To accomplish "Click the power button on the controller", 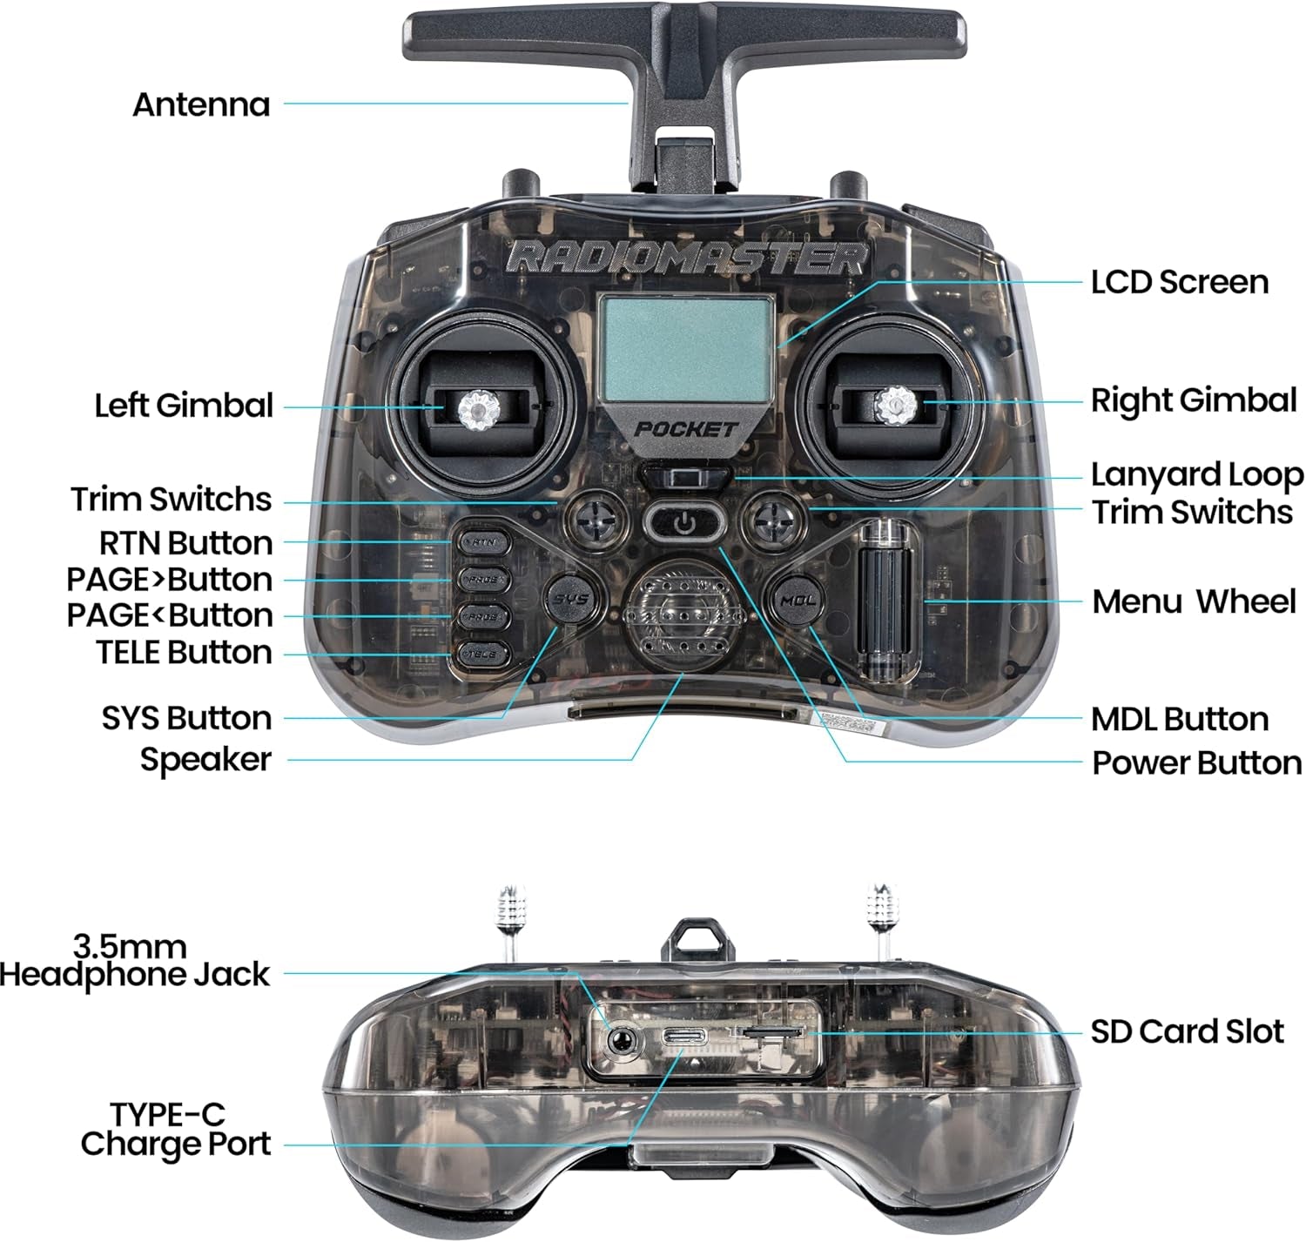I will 685,522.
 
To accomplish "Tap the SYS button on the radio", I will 572,600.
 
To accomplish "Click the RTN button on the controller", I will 483,541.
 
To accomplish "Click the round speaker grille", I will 683,614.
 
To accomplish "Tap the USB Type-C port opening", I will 683,1037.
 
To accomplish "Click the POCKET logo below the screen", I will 685,429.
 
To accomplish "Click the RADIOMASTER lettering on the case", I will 688,258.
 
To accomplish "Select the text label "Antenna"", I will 201,104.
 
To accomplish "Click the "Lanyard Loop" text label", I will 1196,475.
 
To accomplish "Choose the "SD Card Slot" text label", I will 1187,1031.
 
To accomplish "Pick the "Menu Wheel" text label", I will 1194,601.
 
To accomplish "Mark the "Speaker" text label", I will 205,760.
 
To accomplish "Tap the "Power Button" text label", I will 1196,762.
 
